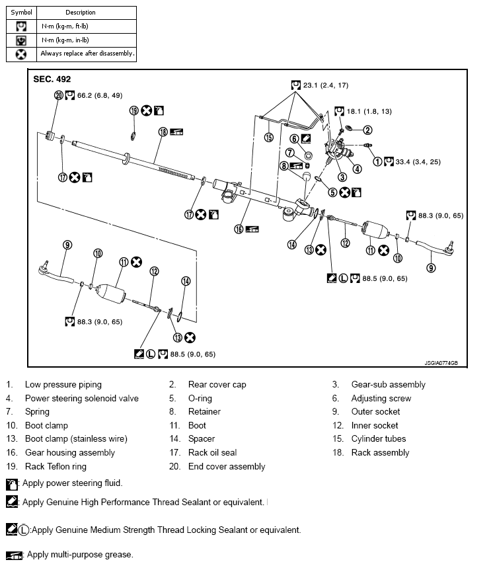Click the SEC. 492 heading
[52, 79]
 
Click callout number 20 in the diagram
[58, 95]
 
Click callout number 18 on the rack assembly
[163, 132]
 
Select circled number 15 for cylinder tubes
[269, 138]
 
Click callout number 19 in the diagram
[133, 110]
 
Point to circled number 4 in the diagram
[358, 168]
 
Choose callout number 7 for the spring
[290, 152]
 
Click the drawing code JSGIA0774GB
[447, 362]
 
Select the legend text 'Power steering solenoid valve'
[82, 398]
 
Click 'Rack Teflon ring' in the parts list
[56, 466]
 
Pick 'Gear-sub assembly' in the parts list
[388, 384]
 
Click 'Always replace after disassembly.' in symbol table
[87, 53]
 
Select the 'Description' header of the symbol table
[81, 12]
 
